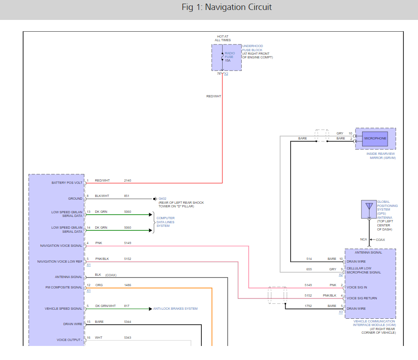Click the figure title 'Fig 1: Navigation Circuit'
coord(227,7)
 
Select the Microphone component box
coord(375,139)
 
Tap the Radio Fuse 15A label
coord(229,57)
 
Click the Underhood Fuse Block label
coord(253,48)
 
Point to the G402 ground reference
coord(162,199)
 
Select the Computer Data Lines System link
coord(165,222)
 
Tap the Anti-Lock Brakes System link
coord(175,309)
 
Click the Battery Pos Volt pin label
coord(67,182)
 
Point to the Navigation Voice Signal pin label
coord(61,245)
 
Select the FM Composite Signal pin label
coord(64,287)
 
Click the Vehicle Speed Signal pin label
coord(63,309)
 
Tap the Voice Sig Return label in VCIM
coord(362,298)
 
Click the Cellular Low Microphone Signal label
coord(364,270)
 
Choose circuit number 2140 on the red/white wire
coord(127,181)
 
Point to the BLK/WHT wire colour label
coord(102,196)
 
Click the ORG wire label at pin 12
coord(99,285)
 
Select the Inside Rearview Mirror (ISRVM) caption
coord(381,156)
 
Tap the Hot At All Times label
coord(223,38)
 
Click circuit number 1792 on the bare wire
coord(308,306)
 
